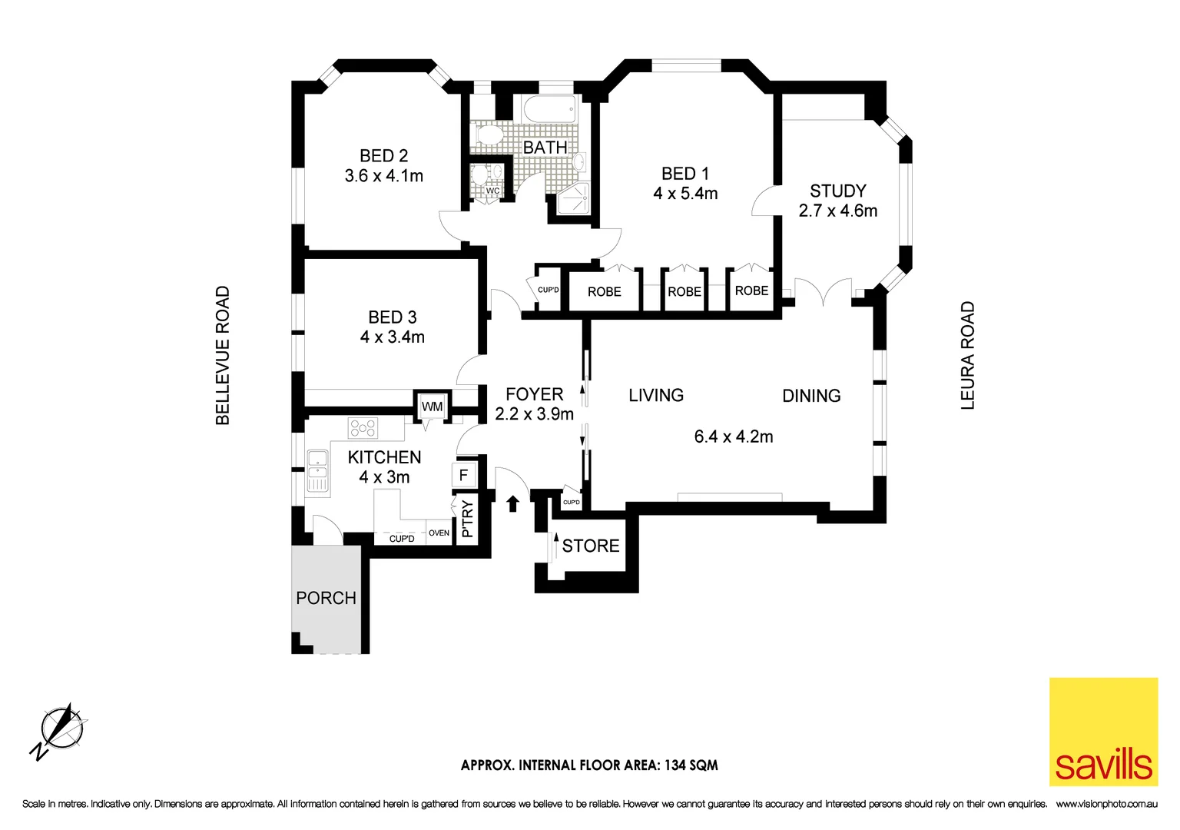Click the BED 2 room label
pyautogui.click(x=383, y=156)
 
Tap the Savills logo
pyautogui.click(x=1103, y=732)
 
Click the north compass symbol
pyautogui.click(x=61, y=729)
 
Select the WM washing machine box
pyautogui.click(x=432, y=407)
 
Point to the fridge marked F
pyautogui.click(x=463, y=475)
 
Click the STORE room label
pyautogui.click(x=590, y=546)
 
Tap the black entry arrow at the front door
pyautogui.click(x=512, y=503)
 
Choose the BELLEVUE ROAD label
pyautogui.click(x=223, y=355)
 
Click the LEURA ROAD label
pyautogui.click(x=967, y=355)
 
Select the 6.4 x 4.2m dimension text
pyautogui.click(x=734, y=437)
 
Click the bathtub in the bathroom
pyautogui.click(x=549, y=109)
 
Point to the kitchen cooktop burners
pyautogui.click(x=363, y=427)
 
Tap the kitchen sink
pyautogui.click(x=317, y=470)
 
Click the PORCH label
pyautogui.click(x=326, y=598)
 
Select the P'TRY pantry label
pyautogui.click(x=467, y=520)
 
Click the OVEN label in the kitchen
pyautogui.click(x=439, y=533)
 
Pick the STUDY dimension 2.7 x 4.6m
pyautogui.click(x=837, y=211)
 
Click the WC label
pyautogui.click(x=492, y=191)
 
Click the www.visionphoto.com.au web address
pyautogui.click(x=1106, y=804)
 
